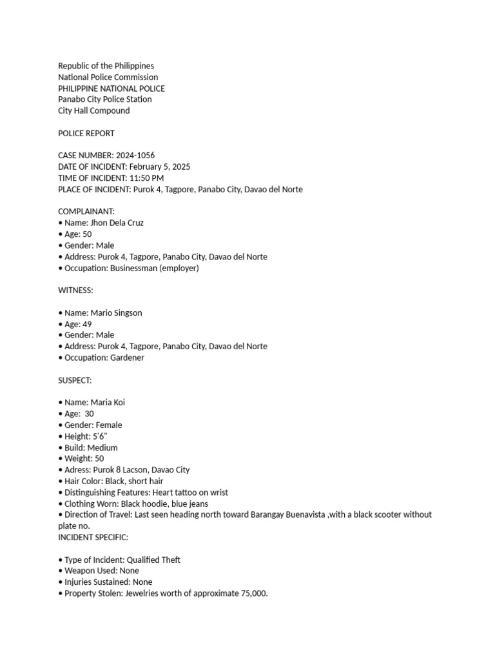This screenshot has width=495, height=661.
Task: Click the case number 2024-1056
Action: click(135, 156)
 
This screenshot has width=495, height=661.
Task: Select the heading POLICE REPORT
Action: click(86, 134)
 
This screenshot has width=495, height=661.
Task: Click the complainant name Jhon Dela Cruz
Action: click(117, 223)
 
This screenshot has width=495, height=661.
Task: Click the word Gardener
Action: click(127, 358)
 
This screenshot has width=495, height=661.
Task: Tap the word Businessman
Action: click(133, 268)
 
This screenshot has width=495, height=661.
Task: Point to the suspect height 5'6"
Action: click(99, 436)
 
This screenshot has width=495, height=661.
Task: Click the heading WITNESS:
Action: click(75, 290)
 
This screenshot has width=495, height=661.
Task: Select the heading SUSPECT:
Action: click(75, 380)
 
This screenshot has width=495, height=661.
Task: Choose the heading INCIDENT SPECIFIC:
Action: click(93, 537)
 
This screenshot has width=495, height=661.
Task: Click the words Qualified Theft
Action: click(155, 560)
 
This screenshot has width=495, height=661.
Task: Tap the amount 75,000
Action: click(253, 593)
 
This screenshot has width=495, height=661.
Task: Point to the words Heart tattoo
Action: click(175, 493)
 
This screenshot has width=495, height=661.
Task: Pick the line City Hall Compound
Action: click(94, 110)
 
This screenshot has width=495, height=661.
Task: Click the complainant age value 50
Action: click(87, 234)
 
